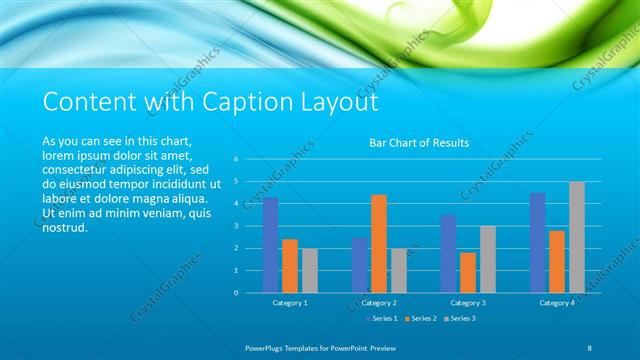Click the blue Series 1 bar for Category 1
click(x=270, y=245)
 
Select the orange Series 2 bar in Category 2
click(x=379, y=244)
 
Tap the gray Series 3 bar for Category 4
click(x=577, y=237)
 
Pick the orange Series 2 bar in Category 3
click(x=468, y=272)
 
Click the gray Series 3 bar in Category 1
click(x=309, y=270)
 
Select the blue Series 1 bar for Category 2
click(x=359, y=265)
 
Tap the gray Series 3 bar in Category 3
click(x=487, y=259)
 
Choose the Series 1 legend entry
click(x=384, y=318)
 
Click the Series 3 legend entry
click(x=461, y=318)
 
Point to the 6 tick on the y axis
click(x=236, y=159)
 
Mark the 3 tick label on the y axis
click(x=236, y=226)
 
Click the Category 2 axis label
click(x=379, y=302)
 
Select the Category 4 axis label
click(x=557, y=302)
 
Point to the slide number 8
click(x=589, y=347)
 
